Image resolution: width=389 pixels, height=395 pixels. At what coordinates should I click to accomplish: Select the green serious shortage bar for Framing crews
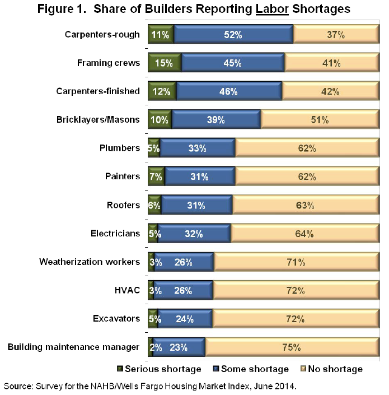coord(165,63)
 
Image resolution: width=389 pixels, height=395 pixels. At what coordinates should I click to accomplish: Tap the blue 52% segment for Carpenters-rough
coord(233,34)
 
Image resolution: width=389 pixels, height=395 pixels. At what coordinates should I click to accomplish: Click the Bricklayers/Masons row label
coord(98,119)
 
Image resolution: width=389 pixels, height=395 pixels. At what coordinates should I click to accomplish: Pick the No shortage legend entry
coord(332,369)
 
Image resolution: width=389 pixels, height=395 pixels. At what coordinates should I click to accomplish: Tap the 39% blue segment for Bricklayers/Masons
coord(216,119)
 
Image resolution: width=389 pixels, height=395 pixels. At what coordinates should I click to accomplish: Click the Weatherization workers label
coord(90,262)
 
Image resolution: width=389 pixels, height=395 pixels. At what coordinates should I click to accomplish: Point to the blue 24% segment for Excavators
coord(185,319)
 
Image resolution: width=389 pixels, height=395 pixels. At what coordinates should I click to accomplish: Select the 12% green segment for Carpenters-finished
coord(162,91)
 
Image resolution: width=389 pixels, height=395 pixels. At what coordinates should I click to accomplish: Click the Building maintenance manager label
coord(73,347)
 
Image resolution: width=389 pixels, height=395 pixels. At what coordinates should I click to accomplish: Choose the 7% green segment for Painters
coord(156,176)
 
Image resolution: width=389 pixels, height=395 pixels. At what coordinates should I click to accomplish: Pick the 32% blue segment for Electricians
coord(194,233)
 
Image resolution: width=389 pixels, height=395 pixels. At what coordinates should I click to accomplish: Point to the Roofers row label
coord(123,205)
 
